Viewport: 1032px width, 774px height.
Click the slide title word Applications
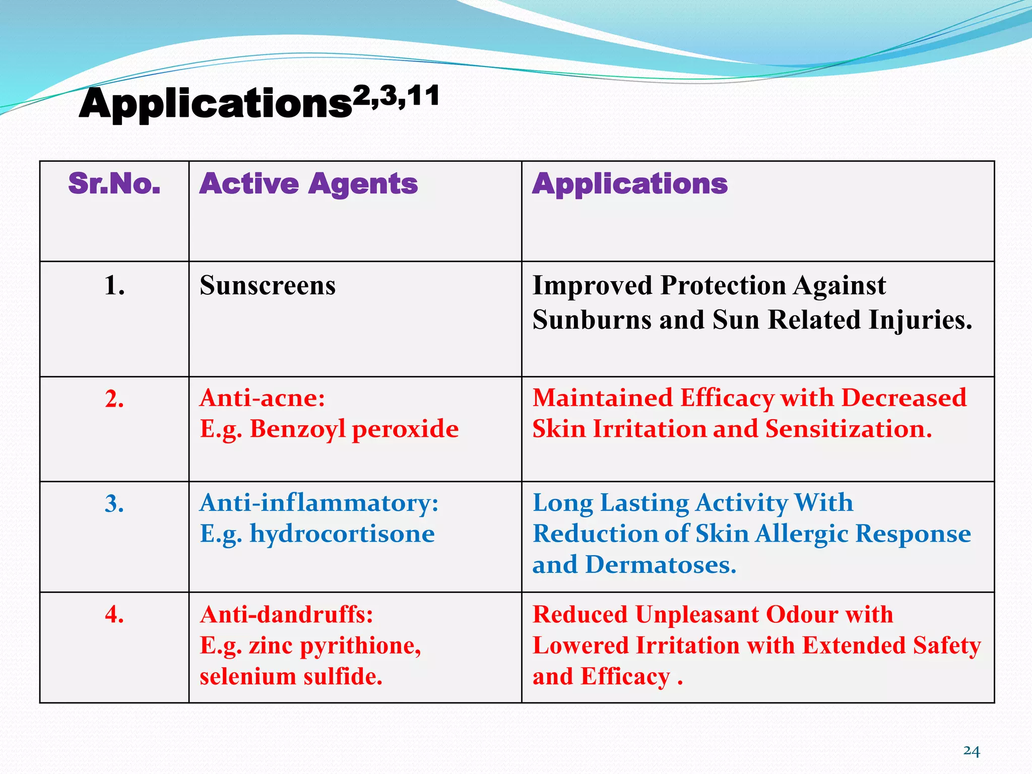(216, 104)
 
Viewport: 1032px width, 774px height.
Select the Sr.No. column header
(114, 183)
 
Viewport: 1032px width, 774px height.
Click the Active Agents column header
(308, 183)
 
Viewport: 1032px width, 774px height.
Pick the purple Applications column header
(630, 183)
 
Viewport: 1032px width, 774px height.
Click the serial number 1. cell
(114, 286)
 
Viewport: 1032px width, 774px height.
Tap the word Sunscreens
(268, 286)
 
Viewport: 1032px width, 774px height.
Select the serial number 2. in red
(114, 399)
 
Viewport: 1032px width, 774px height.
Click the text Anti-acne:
(262, 398)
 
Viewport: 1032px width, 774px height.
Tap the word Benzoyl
(297, 429)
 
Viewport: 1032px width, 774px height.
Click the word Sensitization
(848, 429)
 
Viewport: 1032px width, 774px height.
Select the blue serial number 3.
(114, 504)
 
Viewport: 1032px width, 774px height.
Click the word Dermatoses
(660, 565)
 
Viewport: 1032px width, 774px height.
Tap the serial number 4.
(114, 615)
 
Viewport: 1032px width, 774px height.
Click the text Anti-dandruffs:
(286, 615)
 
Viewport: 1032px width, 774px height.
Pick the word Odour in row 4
(801, 615)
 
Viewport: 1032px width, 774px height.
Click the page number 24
(971, 751)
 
